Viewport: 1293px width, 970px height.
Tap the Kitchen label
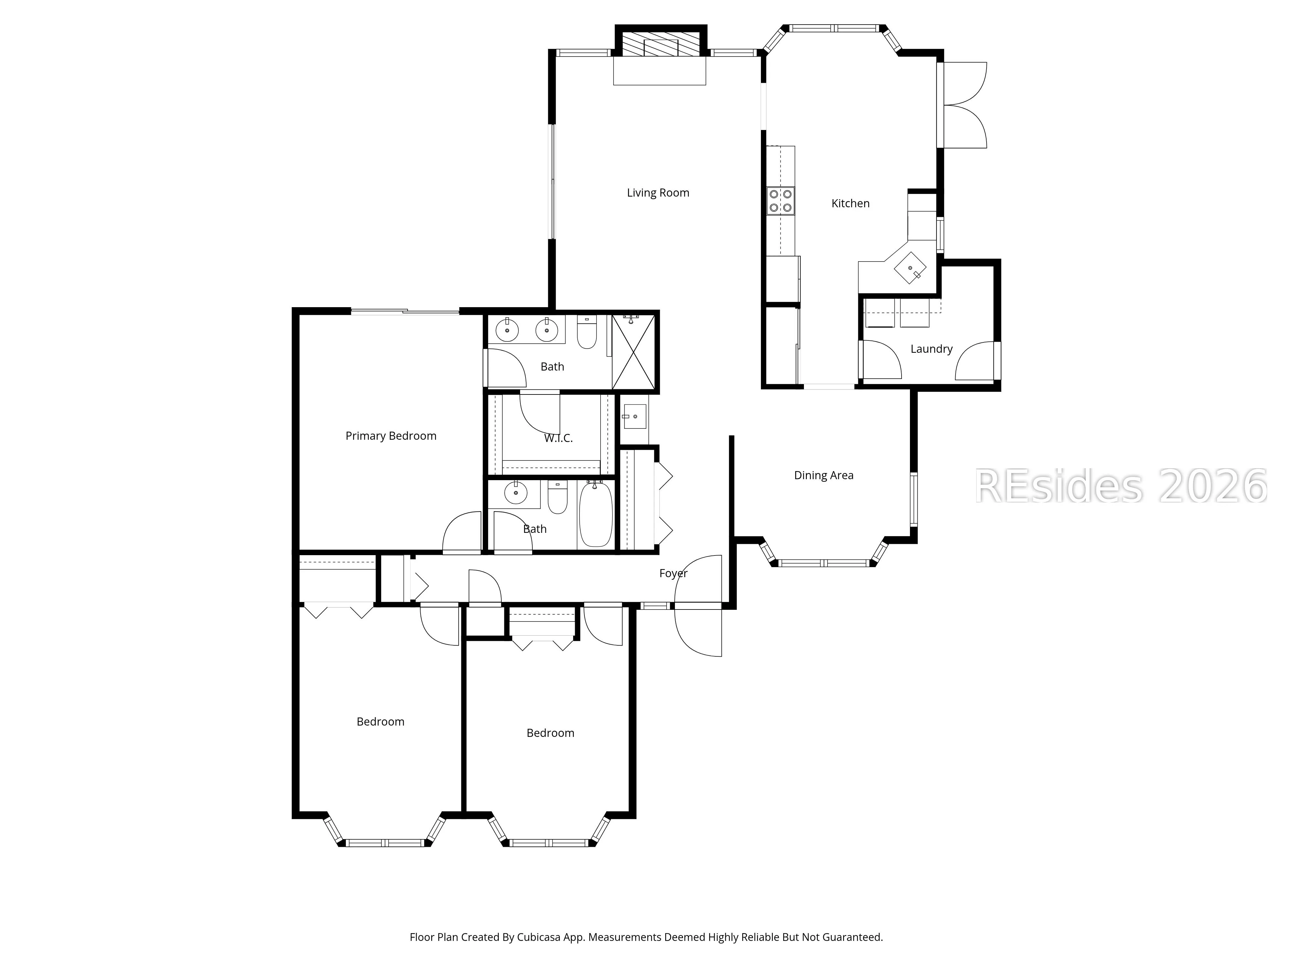[850, 203]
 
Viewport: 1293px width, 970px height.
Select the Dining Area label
[824, 475]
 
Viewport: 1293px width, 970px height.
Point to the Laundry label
[931, 349]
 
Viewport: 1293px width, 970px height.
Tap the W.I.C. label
[558, 438]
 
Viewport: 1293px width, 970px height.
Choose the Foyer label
[673, 574]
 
